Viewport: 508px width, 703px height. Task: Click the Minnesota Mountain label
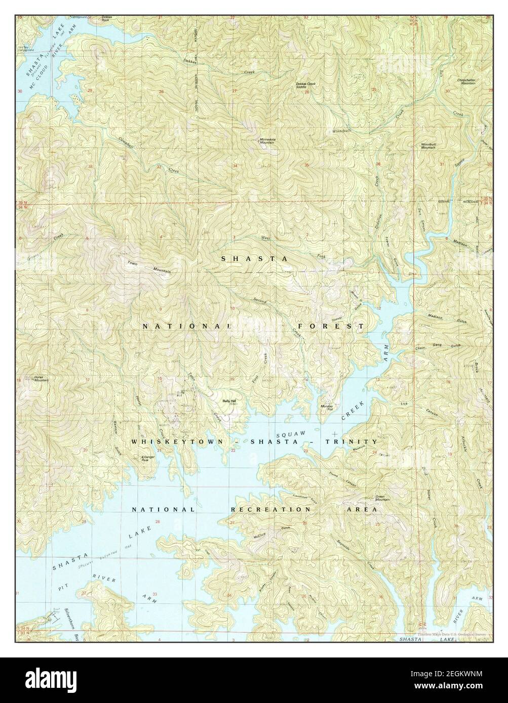click(x=267, y=141)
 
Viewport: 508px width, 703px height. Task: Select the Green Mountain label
click(x=382, y=498)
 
